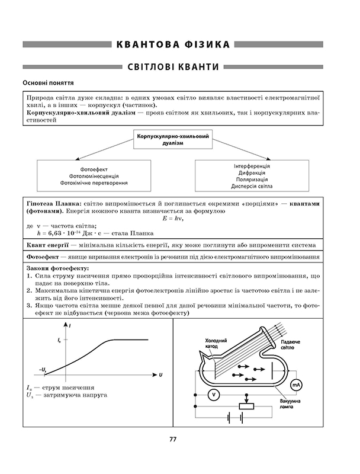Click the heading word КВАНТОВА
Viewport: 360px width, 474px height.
(149, 44)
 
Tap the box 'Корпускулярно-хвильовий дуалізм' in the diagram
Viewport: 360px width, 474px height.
(173, 140)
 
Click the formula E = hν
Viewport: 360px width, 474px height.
(173, 219)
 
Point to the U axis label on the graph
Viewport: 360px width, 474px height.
(160, 375)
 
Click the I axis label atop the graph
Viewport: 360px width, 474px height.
(70, 327)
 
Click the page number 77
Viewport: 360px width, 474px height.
(173, 439)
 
